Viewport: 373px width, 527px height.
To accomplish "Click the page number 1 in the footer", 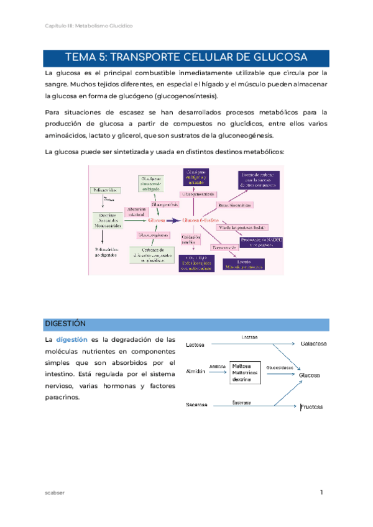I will point(321,493).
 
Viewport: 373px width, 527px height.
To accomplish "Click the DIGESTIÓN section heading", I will point(65,324).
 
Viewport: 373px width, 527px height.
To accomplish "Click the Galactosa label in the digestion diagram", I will point(314,343).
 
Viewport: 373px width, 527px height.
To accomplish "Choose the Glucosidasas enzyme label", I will point(279,366).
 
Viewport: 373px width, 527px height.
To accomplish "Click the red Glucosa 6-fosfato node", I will point(201,220).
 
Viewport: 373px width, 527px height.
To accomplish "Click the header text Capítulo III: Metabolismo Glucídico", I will point(89,25).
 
